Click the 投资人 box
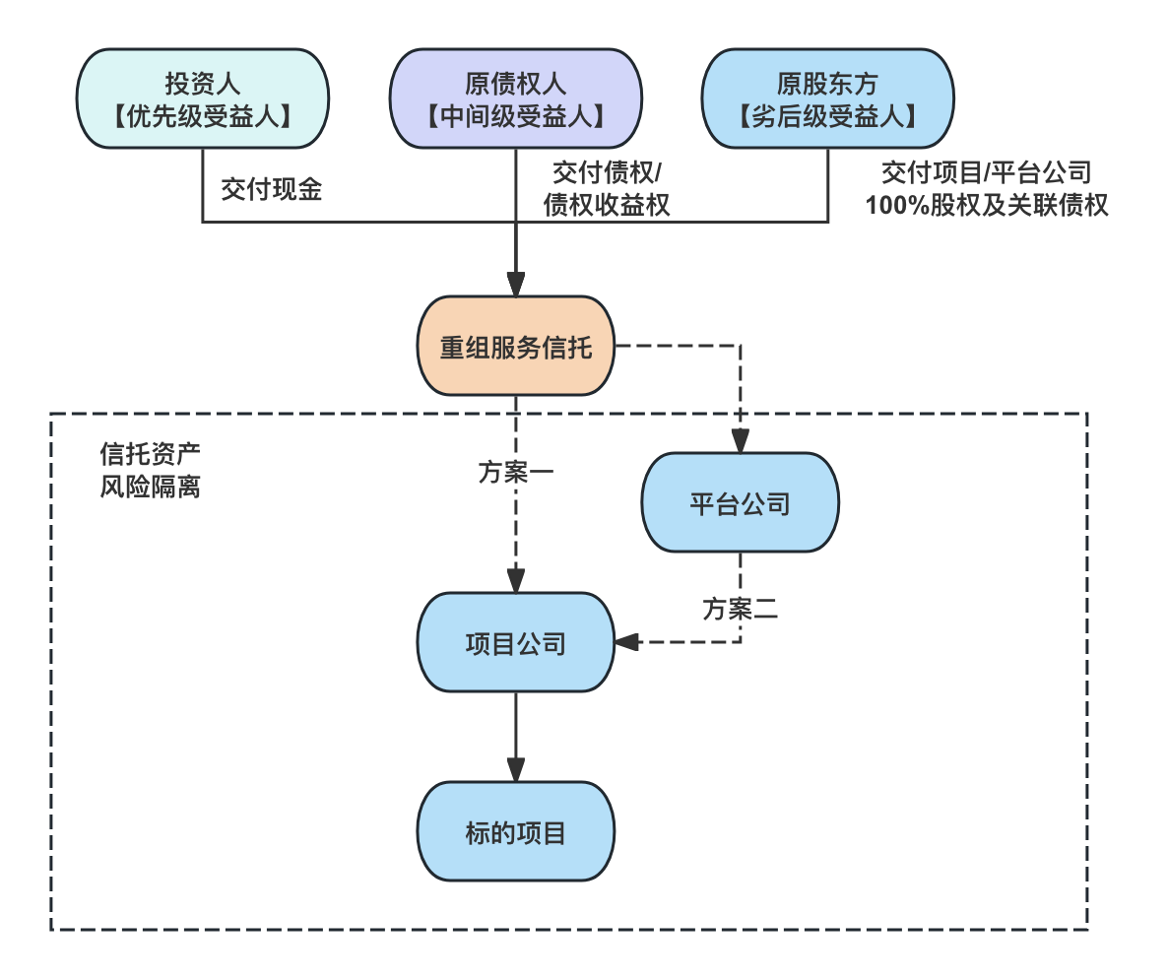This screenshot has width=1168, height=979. (x=202, y=98)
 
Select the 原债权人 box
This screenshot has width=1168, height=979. (x=515, y=98)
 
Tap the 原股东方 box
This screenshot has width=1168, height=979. (x=827, y=98)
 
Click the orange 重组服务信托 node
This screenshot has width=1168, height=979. (x=515, y=347)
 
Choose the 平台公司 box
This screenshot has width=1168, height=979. (x=740, y=503)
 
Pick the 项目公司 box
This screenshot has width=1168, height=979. (x=515, y=643)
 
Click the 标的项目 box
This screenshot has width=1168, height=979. (x=515, y=832)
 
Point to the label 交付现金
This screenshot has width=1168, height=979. (x=272, y=190)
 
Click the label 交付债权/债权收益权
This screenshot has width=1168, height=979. (x=608, y=189)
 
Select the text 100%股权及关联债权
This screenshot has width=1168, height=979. (x=986, y=206)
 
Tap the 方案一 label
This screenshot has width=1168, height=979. (x=515, y=472)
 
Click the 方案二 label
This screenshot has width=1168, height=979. (x=740, y=609)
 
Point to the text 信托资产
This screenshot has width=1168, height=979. (x=150, y=454)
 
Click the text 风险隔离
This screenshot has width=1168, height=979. (x=150, y=487)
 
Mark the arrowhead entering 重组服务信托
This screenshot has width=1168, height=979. (x=515, y=286)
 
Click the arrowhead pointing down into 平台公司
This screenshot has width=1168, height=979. (x=740, y=442)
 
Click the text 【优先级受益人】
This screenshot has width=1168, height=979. (x=202, y=117)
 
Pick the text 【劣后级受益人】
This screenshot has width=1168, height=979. (x=827, y=117)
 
